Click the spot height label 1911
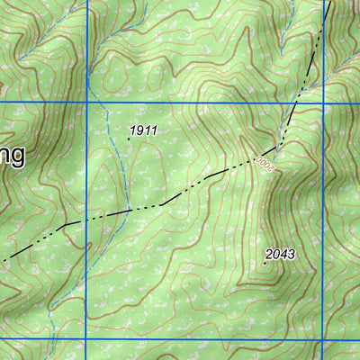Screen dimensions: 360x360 (143, 131)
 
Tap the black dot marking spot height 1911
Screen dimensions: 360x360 (129, 139)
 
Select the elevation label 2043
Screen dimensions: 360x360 (280, 255)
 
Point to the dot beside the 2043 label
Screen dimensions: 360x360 (265, 263)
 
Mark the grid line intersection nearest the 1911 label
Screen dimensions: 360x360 (86, 106)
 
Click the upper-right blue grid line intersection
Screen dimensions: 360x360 (323, 106)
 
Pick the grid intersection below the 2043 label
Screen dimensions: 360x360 (323, 339)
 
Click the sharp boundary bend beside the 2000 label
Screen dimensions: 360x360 (279, 145)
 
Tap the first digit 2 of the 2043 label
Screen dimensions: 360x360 (269, 255)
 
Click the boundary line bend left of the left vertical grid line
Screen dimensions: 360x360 (65, 223)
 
